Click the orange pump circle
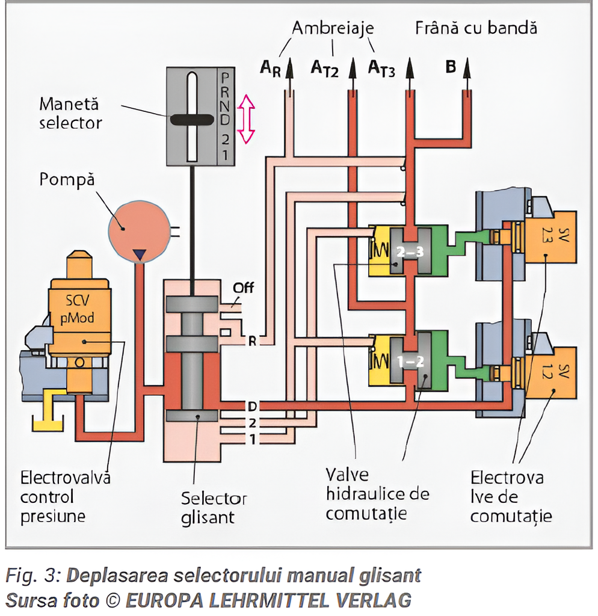(x=137, y=230)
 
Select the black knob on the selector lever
(x=191, y=119)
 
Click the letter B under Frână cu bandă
(x=451, y=67)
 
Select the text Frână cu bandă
(x=475, y=28)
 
